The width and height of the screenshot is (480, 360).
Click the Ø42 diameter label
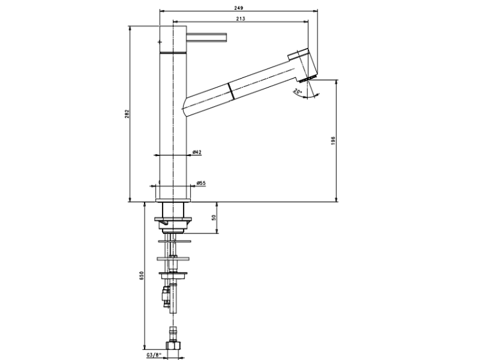click(197, 152)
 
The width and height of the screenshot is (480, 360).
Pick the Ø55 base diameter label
click(200, 184)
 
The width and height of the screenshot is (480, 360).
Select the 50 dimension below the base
click(214, 217)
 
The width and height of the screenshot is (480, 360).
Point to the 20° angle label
click(297, 91)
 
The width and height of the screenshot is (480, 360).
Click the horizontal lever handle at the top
click(207, 36)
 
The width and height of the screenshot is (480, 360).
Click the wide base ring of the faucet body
click(172, 192)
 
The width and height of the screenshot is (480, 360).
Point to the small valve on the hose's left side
click(164, 293)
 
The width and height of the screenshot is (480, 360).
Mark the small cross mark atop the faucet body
click(159, 40)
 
